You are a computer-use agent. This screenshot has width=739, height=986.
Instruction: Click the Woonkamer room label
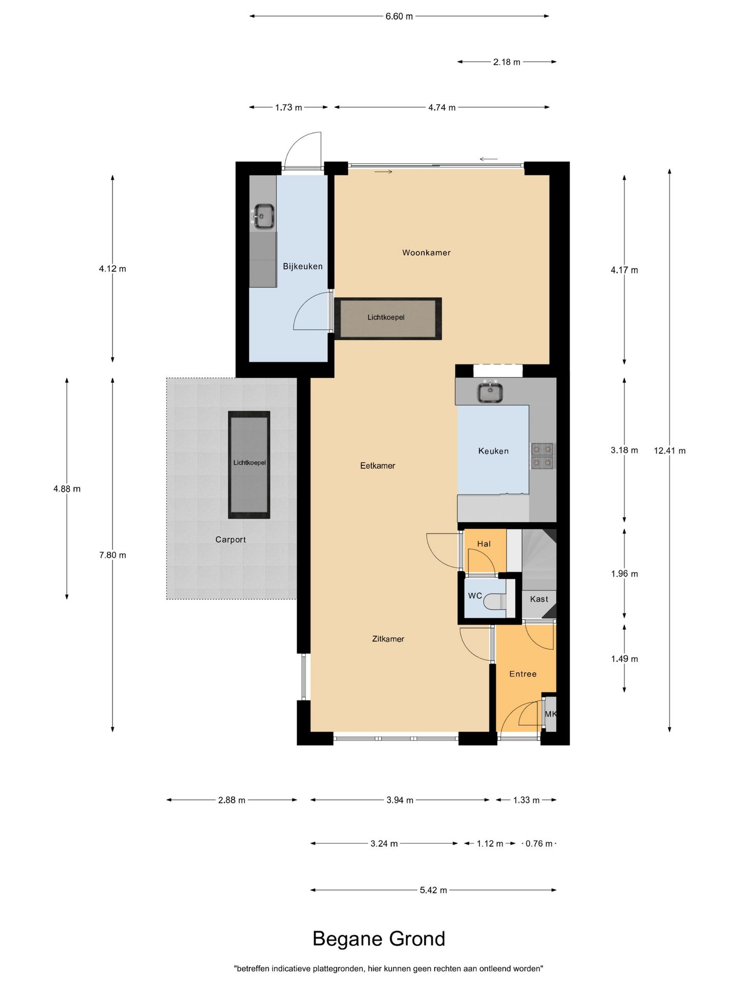[426, 253]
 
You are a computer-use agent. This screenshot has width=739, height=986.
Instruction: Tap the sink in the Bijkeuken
[263, 216]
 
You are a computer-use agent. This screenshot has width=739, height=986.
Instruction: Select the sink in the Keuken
[490, 393]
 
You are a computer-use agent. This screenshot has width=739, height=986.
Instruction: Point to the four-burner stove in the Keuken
[542, 456]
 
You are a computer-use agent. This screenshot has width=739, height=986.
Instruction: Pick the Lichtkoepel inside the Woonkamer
[388, 318]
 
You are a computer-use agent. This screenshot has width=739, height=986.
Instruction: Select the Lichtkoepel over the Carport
[249, 465]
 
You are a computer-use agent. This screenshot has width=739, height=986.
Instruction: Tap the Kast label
[539, 599]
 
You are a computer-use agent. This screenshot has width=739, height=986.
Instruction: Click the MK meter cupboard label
[550, 714]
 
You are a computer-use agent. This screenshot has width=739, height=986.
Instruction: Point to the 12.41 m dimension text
[670, 451]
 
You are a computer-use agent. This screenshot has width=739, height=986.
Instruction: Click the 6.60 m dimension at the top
[399, 16]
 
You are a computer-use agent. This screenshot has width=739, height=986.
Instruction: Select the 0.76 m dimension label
[539, 843]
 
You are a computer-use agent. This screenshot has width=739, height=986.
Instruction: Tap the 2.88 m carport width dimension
[231, 800]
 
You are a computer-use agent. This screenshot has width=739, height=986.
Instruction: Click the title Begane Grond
[379, 938]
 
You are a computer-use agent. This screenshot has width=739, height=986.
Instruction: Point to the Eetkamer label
[378, 466]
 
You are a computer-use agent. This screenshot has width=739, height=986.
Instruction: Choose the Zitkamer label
[388, 639]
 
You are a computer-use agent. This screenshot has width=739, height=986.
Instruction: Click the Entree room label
[523, 674]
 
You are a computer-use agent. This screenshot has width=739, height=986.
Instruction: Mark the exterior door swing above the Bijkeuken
[303, 150]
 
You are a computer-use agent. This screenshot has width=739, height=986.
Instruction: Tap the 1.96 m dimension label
[625, 574]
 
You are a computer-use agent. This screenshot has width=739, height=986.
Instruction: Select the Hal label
[484, 544]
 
